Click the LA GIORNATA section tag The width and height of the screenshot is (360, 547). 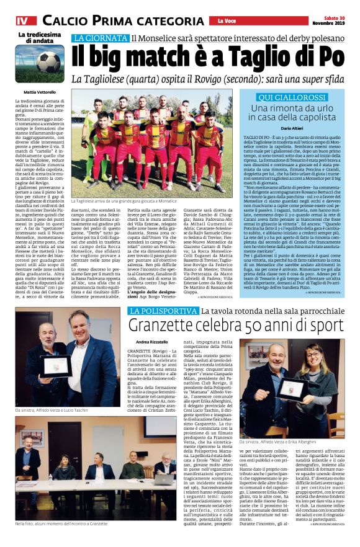point(100,38)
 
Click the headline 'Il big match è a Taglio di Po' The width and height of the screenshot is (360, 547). point(207,56)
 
